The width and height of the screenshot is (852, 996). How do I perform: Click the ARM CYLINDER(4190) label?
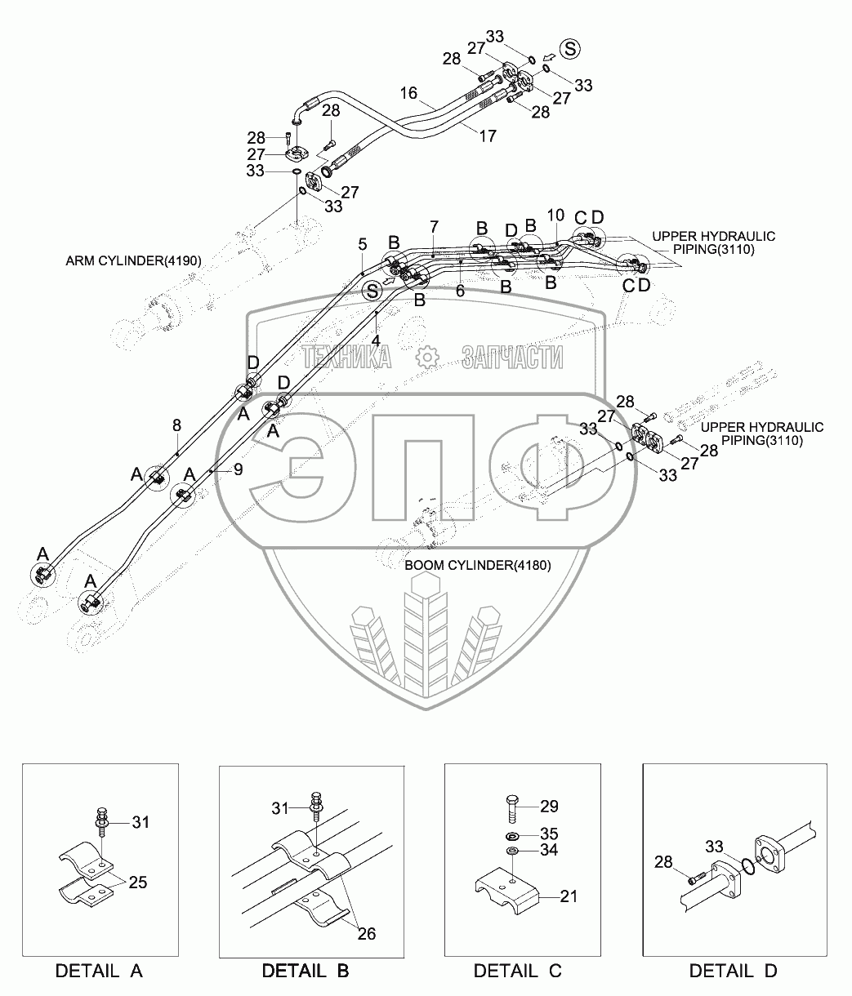(134, 260)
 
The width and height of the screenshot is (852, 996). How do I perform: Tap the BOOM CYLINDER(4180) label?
(477, 565)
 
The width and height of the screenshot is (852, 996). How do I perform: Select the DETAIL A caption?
(100, 971)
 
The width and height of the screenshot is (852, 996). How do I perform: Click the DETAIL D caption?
(733, 971)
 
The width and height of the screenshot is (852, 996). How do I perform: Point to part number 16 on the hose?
(408, 93)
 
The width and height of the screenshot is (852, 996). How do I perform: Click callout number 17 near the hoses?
(488, 136)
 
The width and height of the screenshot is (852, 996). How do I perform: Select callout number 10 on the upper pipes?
(555, 216)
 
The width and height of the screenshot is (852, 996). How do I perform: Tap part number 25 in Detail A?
(138, 883)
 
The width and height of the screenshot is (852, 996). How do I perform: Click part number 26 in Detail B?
(367, 933)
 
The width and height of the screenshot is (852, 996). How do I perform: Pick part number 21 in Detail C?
(569, 896)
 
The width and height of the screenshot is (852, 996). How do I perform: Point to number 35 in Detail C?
(549, 834)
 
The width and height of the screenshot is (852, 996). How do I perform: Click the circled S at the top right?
(570, 49)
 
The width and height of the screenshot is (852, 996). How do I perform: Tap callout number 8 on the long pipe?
(176, 425)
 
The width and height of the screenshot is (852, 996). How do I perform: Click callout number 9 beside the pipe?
(239, 469)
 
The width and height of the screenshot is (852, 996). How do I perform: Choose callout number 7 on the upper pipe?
(434, 226)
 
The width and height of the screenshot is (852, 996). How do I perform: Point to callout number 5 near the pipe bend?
(363, 245)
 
